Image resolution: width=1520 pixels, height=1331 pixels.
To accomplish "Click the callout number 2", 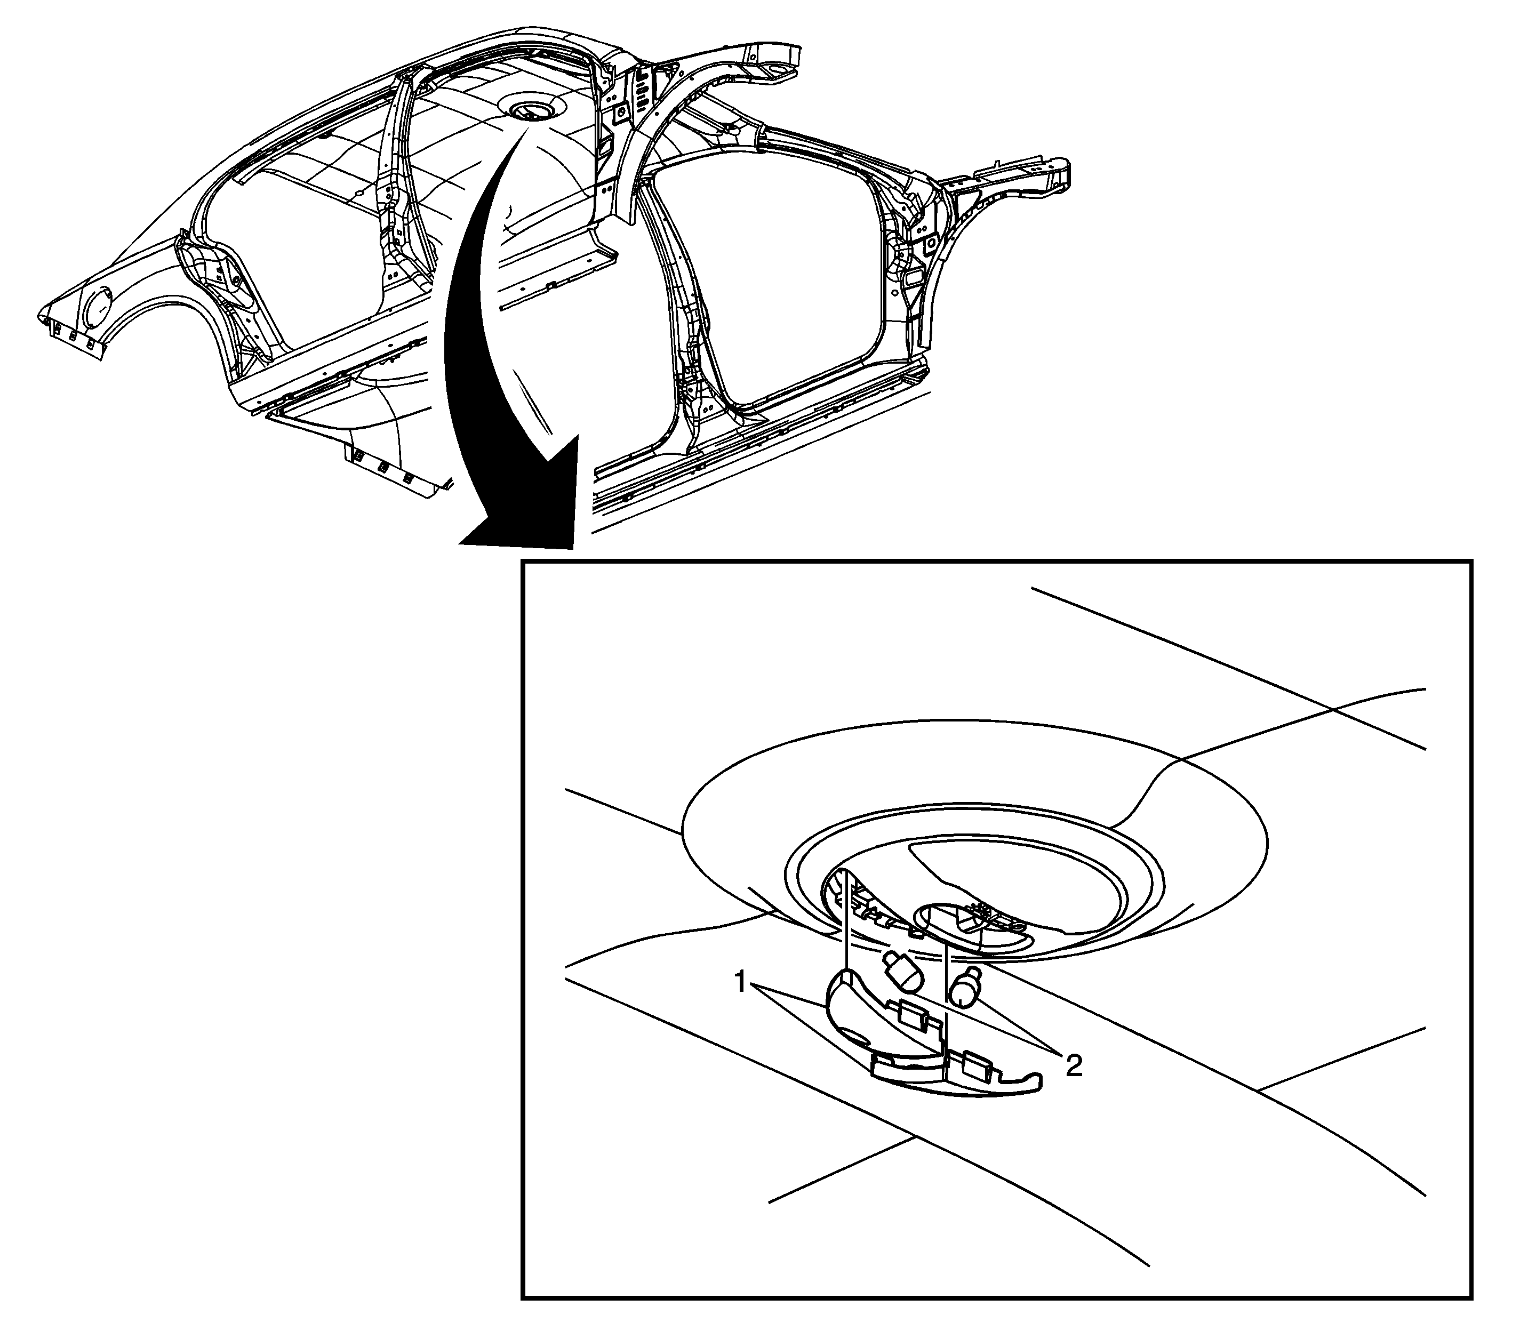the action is (x=1073, y=1066).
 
